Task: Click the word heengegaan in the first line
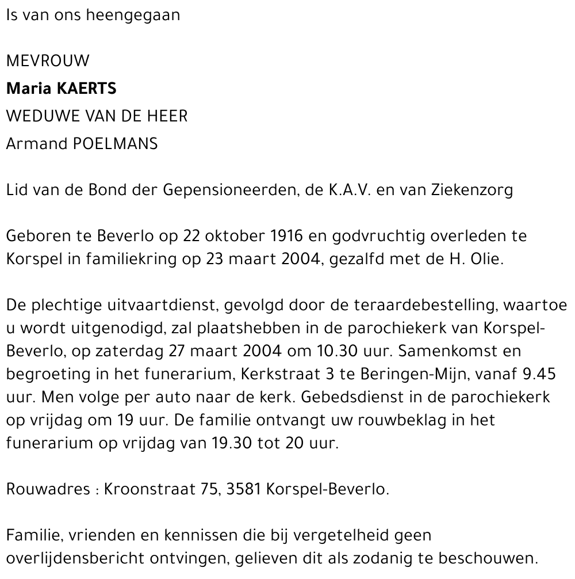[x=132, y=16]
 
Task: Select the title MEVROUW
[x=48, y=61]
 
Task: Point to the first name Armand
[x=36, y=144]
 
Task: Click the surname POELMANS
[x=115, y=144]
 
